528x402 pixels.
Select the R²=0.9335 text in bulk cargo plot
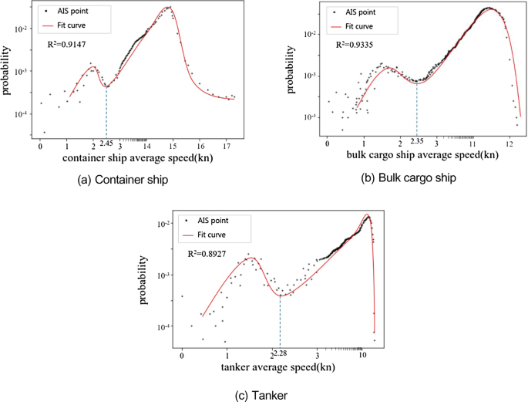click(355, 45)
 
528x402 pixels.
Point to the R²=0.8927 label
click(208, 252)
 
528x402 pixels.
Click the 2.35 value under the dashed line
click(417, 141)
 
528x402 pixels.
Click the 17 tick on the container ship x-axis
click(226, 145)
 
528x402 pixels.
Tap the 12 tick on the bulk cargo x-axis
click(509, 144)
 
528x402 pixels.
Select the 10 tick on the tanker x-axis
click(362, 355)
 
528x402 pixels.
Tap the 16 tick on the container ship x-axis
click(200, 145)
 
